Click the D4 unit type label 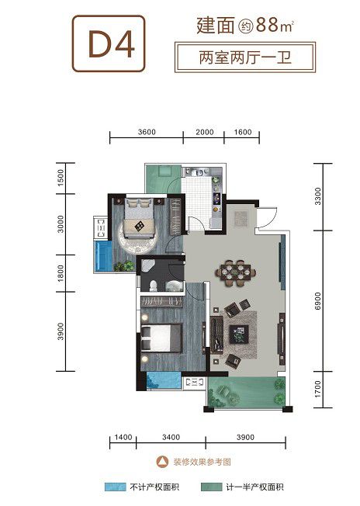(111, 44)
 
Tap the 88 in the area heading (267, 25)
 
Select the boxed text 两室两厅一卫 (245, 57)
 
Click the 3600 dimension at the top (147, 132)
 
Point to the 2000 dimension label (205, 132)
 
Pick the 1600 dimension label (243, 132)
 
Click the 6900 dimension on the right (318, 301)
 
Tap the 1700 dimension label (318, 389)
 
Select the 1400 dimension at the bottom (123, 437)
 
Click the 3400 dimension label (171, 437)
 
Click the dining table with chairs (236, 273)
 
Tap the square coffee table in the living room (239, 334)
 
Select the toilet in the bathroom (153, 286)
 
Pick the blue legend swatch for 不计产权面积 (115, 487)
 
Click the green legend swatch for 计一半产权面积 (211, 487)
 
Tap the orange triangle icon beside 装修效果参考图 (162, 462)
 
